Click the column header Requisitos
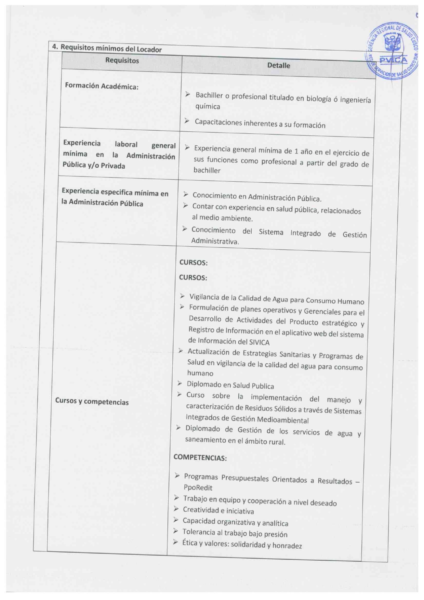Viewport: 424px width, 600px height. point(122,61)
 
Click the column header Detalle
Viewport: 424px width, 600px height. point(278,65)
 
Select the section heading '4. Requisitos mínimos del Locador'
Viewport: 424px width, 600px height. point(107,48)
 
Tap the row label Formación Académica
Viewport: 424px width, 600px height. point(102,86)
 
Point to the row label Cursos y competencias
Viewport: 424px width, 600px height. point(92,401)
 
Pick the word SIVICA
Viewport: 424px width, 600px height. point(259,342)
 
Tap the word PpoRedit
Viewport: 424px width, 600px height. point(198,487)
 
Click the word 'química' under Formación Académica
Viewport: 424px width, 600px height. point(208,106)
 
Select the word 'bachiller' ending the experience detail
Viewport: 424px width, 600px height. point(207,170)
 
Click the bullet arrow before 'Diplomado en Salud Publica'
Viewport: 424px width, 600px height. point(180,383)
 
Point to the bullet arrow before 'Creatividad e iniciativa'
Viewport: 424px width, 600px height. point(176,509)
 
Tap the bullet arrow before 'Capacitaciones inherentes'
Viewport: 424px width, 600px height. point(187,121)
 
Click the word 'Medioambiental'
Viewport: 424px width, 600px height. point(282,420)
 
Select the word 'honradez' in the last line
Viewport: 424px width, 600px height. point(287,546)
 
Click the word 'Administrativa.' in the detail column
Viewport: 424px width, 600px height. point(215,241)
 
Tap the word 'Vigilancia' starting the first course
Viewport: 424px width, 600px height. point(204,297)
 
